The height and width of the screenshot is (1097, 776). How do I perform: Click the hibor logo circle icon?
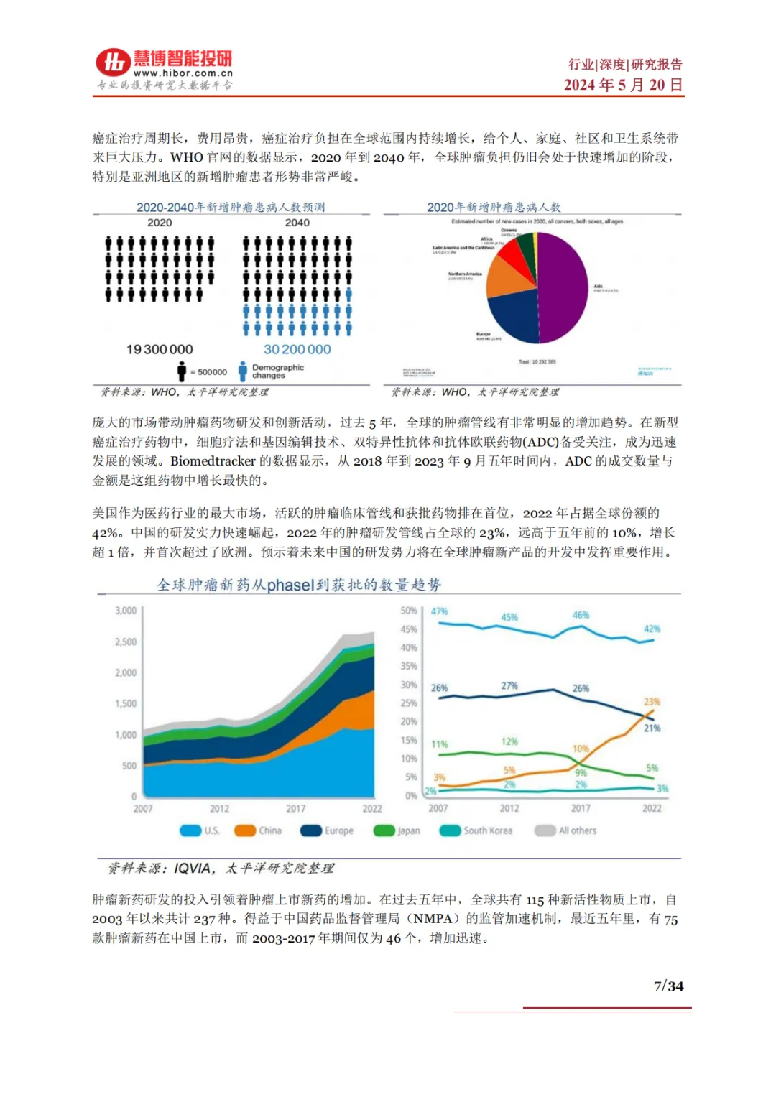click(114, 63)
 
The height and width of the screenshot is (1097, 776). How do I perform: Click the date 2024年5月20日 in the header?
click(623, 85)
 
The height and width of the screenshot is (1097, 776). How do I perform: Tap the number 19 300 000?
click(160, 349)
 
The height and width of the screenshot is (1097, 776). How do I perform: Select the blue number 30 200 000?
click(297, 349)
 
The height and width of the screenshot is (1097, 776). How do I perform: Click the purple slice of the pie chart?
click(564, 287)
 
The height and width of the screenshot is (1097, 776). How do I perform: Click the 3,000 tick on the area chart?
click(126, 611)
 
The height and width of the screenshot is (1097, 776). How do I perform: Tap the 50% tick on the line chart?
click(409, 611)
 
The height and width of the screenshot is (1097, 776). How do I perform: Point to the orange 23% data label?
click(651, 702)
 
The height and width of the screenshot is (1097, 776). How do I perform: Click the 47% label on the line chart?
click(439, 611)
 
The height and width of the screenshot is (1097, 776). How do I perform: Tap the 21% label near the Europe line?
click(652, 728)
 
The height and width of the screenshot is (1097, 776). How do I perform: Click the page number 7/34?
click(668, 986)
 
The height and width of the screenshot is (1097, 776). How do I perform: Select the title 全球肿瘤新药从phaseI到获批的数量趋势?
click(299, 585)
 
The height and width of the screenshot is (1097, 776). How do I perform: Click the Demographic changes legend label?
click(277, 371)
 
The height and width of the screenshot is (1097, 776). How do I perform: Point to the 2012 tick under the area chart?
click(219, 808)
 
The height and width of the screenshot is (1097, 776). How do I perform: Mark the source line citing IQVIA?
click(221, 869)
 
